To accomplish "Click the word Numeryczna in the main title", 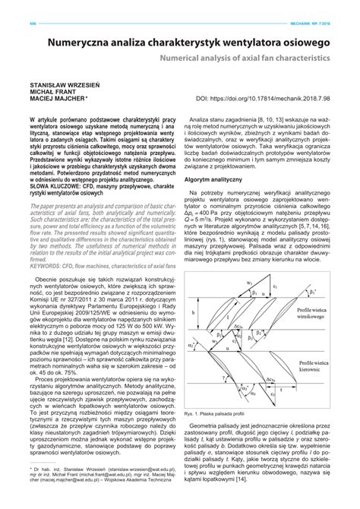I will (86, 45).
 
